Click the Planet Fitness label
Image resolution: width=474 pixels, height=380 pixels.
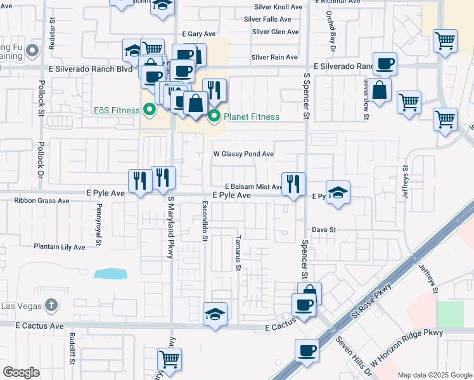click(x=251, y=117)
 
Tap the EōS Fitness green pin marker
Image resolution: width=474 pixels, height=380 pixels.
click(x=150, y=110)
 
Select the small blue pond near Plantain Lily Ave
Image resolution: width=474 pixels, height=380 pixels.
click(x=110, y=274)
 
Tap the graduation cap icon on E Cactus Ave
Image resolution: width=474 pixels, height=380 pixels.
click(x=215, y=313)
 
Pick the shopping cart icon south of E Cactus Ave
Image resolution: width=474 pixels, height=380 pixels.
click(x=169, y=359)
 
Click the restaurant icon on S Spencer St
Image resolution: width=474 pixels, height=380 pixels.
click(x=292, y=184)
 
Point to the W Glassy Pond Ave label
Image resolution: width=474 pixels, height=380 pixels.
click(x=243, y=154)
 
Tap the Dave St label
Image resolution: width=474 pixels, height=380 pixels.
click(x=323, y=230)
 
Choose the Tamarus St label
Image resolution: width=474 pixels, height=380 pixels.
click(x=238, y=253)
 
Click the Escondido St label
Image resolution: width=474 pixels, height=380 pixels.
click(x=205, y=222)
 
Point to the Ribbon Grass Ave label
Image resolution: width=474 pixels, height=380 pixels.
click(x=42, y=201)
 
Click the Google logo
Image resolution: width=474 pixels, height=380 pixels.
click(x=21, y=372)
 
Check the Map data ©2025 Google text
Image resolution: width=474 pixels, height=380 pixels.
click(x=434, y=375)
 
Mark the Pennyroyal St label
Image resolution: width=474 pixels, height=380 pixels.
click(x=99, y=225)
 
